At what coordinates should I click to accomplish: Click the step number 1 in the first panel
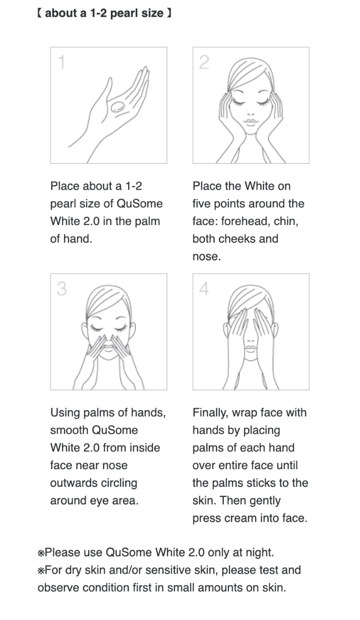click(x=62, y=62)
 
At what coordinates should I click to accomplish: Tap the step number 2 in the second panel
click(x=204, y=62)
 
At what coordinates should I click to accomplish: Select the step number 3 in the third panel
click(x=62, y=289)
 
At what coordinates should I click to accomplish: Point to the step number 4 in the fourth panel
click(x=204, y=289)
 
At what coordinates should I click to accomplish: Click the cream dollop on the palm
click(x=118, y=107)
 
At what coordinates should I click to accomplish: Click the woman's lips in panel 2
click(x=251, y=122)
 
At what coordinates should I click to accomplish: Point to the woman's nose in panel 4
click(x=251, y=340)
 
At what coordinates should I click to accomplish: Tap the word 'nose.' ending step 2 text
click(x=207, y=257)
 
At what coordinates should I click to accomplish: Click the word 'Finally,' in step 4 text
click(x=210, y=413)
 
